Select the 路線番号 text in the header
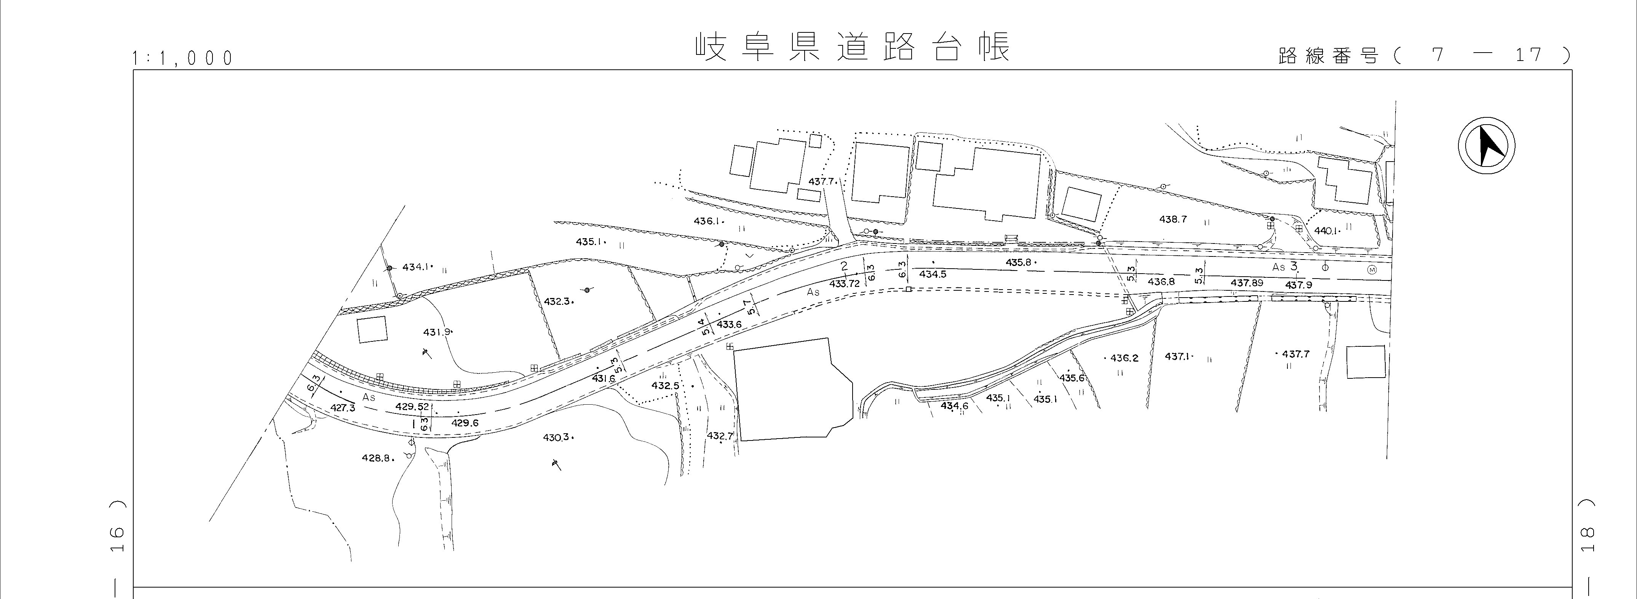1328,56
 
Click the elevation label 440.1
1326,231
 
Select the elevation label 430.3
557,437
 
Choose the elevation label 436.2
1124,358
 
